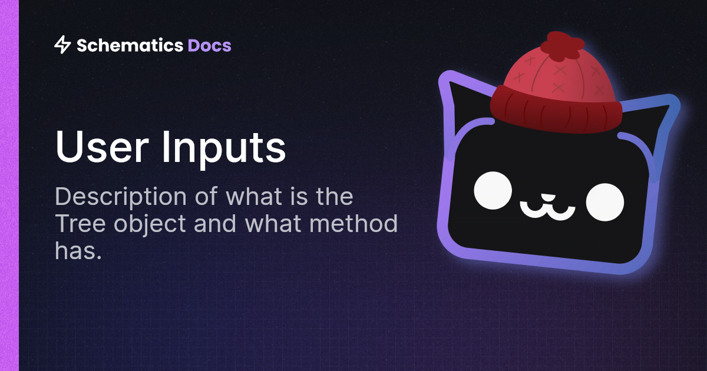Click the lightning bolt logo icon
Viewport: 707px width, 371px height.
point(62,45)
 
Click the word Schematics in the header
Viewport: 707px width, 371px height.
point(130,45)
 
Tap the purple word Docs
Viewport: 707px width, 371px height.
point(209,45)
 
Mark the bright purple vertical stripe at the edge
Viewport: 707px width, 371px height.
point(9,185)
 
